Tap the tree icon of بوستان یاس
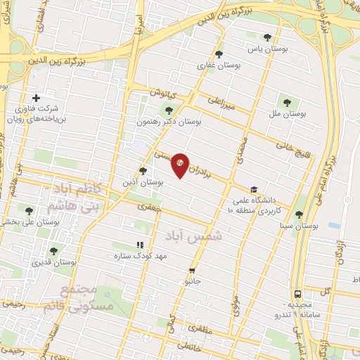[x=266, y=37]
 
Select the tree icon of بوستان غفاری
[x=219, y=53]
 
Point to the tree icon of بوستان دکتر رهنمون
[x=167, y=109]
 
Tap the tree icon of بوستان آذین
[x=143, y=170]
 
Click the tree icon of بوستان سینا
[x=299, y=214]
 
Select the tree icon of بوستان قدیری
[x=53, y=250]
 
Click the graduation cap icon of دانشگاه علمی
[x=253, y=189]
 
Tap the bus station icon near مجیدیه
[x=298, y=294]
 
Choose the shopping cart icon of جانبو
[x=191, y=271]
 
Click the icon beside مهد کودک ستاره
[x=129, y=245]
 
